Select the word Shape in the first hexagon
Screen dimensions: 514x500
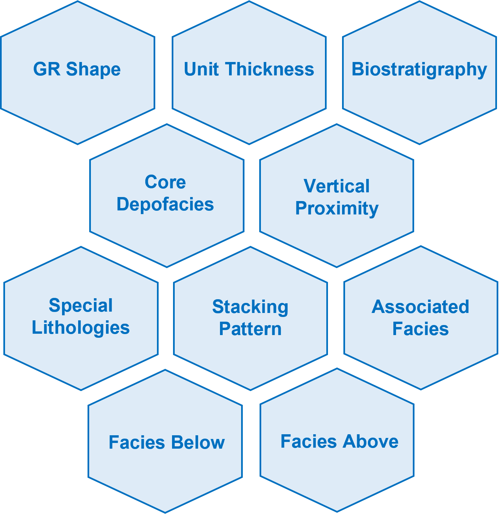coord(93,69)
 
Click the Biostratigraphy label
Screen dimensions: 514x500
coord(419,69)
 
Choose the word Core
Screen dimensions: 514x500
coord(165,182)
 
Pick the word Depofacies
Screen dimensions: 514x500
coord(165,204)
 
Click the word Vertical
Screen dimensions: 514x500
coord(336,186)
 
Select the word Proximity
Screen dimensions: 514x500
coord(337,208)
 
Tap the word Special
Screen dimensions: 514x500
coord(80,305)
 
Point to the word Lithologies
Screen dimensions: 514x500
coord(80,327)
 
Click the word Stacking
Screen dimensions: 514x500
coord(250,307)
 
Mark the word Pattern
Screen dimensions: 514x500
coord(250,329)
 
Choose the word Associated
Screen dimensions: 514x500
coord(420,307)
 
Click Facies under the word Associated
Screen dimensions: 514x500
coord(421,329)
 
